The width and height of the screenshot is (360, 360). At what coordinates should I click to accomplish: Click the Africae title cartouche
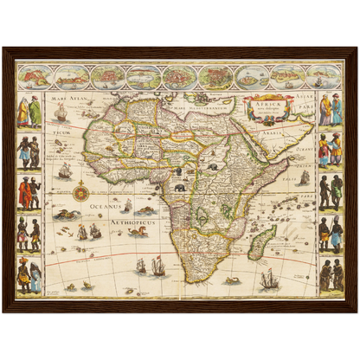tap(267, 109)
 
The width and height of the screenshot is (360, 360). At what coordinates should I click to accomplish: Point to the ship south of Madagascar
tap(269, 279)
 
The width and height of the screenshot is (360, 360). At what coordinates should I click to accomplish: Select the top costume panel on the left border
tap(29, 112)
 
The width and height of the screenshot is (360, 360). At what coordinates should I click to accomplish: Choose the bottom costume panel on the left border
tap(29, 276)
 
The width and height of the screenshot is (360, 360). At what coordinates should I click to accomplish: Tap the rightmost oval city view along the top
tap(323, 76)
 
